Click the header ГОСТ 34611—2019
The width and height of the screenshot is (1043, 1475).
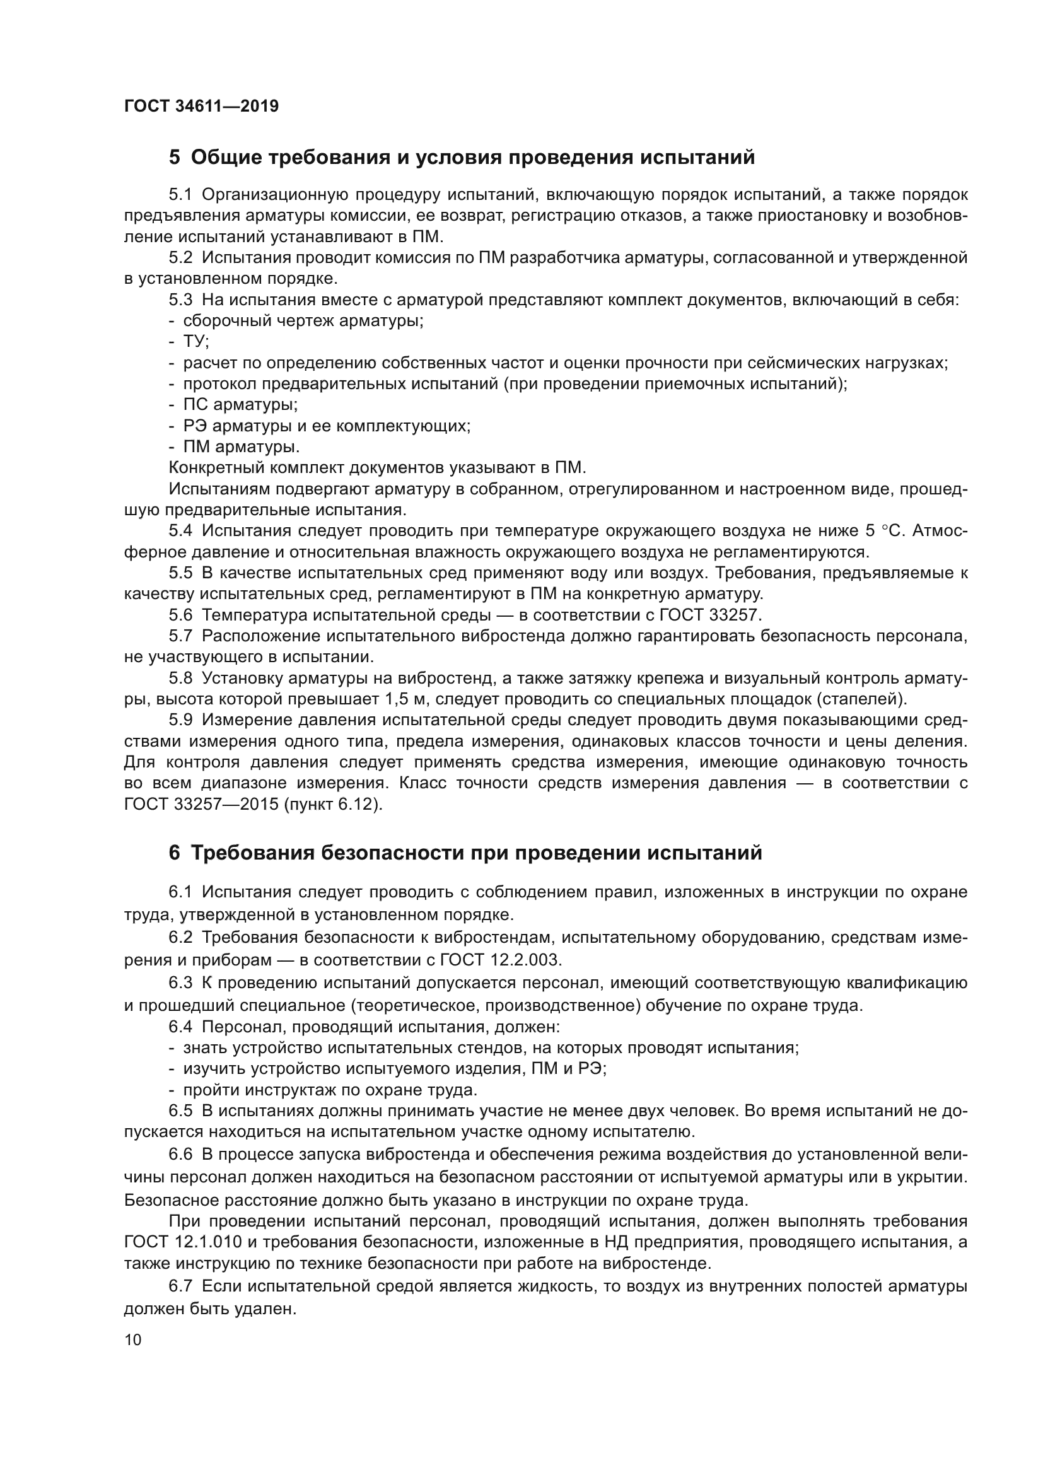201,106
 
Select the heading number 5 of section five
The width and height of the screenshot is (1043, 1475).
175,158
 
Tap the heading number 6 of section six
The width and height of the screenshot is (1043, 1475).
175,853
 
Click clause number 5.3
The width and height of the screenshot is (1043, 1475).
180,300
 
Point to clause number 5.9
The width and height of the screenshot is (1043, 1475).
180,720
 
